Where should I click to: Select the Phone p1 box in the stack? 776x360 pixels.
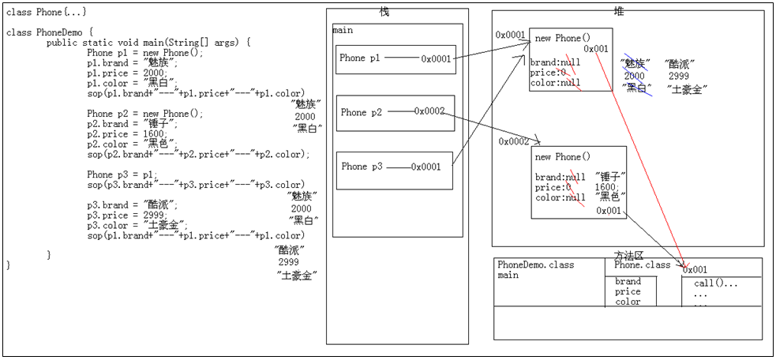click(395, 58)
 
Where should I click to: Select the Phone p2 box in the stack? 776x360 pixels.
click(395, 113)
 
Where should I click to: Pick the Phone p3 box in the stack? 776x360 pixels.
click(395, 167)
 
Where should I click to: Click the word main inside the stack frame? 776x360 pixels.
click(343, 31)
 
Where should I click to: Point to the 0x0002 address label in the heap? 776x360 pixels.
click(515, 141)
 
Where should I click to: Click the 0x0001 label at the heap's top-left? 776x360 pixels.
click(511, 35)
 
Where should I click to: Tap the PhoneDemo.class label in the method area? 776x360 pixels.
click(536, 264)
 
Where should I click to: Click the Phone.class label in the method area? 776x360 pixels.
click(642, 264)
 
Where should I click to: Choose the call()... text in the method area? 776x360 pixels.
click(716, 283)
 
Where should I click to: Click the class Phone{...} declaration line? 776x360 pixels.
click(47, 12)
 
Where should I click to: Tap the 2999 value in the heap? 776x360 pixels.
click(679, 77)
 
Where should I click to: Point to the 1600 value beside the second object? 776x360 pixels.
click(606, 187)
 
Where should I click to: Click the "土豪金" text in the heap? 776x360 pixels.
click(687, 89)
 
